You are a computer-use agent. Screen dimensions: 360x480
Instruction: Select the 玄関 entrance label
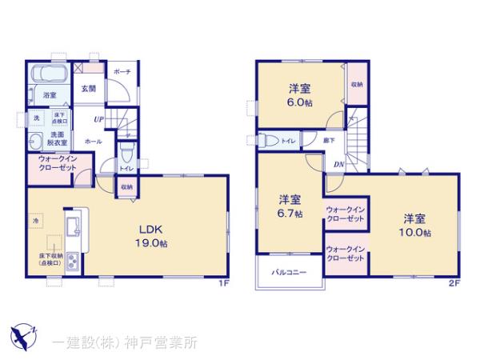[88, 89]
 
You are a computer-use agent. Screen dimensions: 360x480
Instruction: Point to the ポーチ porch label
[122, 72]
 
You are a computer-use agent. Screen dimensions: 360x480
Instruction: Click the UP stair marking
[98, 119]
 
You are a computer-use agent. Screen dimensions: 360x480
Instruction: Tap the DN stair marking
[339, 164]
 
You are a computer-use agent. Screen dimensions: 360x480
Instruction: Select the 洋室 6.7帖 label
[290, 206]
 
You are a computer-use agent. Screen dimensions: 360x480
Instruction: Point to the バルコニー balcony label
[284, 272]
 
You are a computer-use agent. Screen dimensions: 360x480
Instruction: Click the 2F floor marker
[454, 283]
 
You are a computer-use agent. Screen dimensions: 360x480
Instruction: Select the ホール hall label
[93, 140]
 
